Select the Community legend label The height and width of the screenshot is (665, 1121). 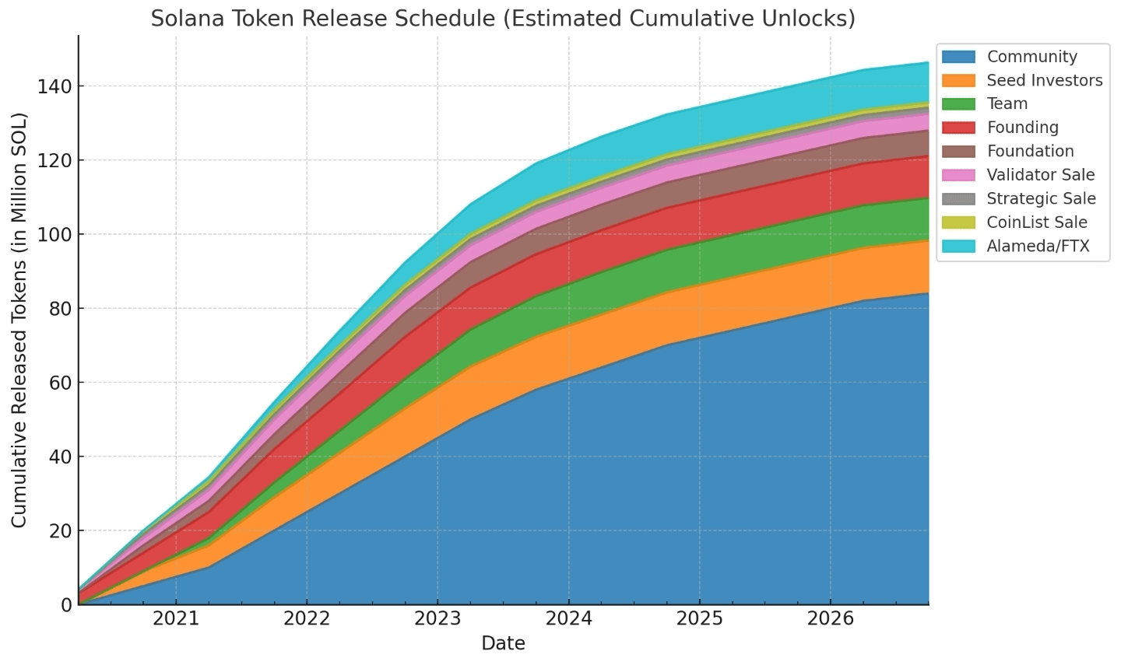(1031, 57)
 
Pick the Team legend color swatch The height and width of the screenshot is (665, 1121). (958, 104)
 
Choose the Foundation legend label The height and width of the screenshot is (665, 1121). (1030, 151)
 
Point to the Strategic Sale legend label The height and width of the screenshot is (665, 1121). (1041, 198)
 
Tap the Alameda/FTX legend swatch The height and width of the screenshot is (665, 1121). (958, 247)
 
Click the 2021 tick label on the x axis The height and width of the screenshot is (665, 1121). (176, 619)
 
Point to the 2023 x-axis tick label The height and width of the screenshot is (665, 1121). (438, 619)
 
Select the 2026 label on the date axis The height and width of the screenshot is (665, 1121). (830, 619)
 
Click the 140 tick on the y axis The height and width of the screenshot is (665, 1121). (53, 86)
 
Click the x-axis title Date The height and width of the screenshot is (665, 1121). (503, 643)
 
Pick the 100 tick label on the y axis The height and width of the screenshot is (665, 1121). (53, 234)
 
